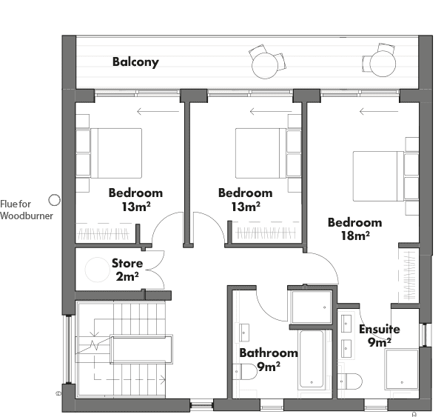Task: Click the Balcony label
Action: tap(135, 62)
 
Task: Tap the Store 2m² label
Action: tap(127, 270)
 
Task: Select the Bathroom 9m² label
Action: tap(269, 360)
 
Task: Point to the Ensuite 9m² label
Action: tap(380, 336)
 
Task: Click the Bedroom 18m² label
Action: tap(355, 229)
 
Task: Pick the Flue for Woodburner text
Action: tap(27, 210)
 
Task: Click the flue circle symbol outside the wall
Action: tap(54, 200)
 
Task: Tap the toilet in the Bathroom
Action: tap(245, 371)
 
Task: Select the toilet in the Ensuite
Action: tap(350, 381)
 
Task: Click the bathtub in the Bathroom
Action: tap(312, 359)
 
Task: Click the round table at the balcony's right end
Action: tap(383, 64)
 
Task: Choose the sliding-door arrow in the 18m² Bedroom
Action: tap(379, 111)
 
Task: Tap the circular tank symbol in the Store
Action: tap(97, 270)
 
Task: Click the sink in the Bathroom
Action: tap(244, 333)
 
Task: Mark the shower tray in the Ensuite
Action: tap(402, 370)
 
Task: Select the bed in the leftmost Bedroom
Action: tap(116, 153)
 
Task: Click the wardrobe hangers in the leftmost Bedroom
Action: tap(104, 234)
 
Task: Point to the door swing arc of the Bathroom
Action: tap(267, 311)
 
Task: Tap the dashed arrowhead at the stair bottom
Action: tap(163, 379)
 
